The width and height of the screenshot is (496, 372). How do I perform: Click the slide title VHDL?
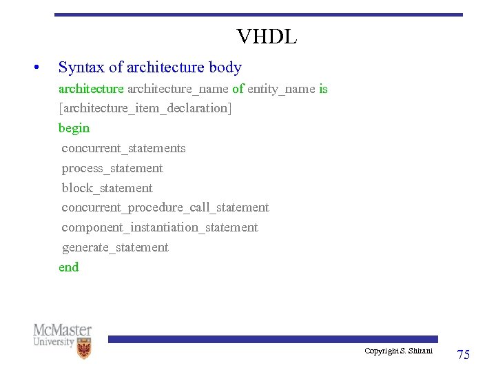point(267,37)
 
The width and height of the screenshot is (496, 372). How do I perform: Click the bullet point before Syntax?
point(34,68)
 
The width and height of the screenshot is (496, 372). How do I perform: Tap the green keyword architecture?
point(91,89)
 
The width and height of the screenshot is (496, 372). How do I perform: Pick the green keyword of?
point(238,89)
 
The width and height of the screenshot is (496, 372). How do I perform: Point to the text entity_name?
point(282,89)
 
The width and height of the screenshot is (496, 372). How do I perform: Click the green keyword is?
point(323,89)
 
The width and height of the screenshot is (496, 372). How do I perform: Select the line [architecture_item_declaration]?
point(145,108)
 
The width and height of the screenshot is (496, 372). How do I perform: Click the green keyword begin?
point(74,128)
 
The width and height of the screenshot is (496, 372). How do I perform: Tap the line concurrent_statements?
point(123,148)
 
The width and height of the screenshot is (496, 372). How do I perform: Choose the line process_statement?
point(112,168)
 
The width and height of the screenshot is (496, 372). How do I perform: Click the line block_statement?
point(107,188)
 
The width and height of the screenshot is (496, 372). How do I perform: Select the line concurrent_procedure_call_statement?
point(165,207)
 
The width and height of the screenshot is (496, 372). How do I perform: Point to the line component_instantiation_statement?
point(160,227)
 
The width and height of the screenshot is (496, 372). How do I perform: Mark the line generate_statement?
point(115,247)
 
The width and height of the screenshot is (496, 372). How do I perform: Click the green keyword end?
point(69,267)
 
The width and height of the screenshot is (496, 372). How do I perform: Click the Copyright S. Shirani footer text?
point(398,351)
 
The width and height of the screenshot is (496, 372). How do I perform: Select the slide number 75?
point(464,355)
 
